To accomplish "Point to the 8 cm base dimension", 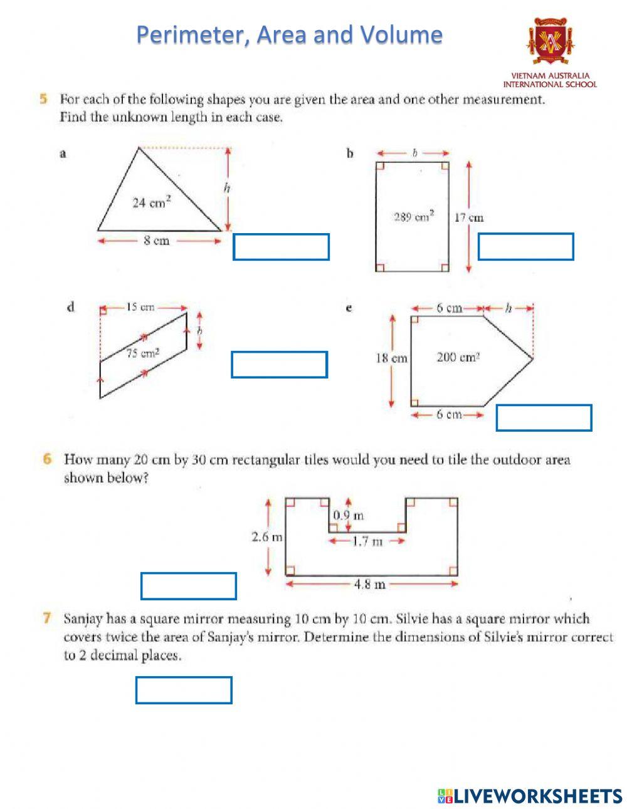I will [156, 241].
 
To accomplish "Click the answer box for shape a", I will [281, 247].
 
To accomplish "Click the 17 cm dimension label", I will [468, 218].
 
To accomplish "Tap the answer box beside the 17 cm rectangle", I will [525, 247].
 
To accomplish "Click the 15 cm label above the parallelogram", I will [140, 308].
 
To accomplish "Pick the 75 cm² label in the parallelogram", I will [143, 353].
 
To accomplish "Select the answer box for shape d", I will [279, 365].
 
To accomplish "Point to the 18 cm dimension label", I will [391, 358].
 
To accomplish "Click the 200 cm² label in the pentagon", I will [458, 358].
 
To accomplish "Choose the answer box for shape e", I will [544, 418].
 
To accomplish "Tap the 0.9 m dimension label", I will [348, 516].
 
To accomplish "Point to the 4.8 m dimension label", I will [369, 585].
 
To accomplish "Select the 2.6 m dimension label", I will [266, 537].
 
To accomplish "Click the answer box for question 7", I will [184, 690].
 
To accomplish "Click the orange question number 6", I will [48, 459].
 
